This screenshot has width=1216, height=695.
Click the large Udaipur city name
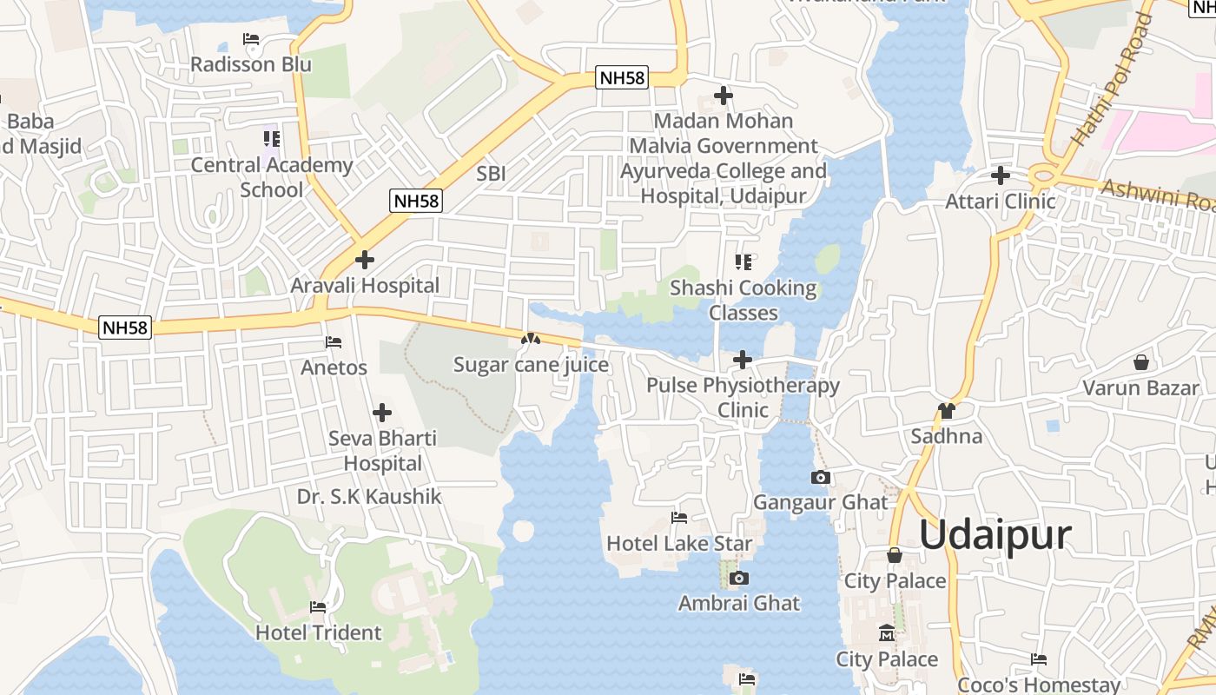click(x=995, y=535)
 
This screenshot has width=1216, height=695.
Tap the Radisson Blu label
click(x=251, y=64)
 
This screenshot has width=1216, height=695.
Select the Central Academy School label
click(x=272, y=177)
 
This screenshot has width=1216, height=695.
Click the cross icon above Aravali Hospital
click(x=365, y=259)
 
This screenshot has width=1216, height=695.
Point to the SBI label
click(x=491, y=173)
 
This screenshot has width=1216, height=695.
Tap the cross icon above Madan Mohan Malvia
click(x=723, y=96)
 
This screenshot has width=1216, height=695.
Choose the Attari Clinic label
click(x=1001, y=202)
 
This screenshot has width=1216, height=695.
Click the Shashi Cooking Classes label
click(x=743, y=300)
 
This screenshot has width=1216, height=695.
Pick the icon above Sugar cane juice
click(x=531, y=339)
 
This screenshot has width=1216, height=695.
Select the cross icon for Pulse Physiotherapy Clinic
click(x=743, y=359)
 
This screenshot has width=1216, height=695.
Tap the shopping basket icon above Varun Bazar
click(x=1140, y=362)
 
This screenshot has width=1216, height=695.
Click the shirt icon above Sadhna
click(x=946, y=410)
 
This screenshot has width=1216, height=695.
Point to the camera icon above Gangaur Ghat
click(x=820, y=477)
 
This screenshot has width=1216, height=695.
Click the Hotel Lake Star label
click(x=679, y=544)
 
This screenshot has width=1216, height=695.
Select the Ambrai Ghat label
click(x=739, y=603)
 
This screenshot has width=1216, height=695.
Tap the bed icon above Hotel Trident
click(x=318, y=607)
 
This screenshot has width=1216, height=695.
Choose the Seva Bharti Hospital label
click(x=382, y=450)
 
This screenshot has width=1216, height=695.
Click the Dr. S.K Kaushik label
click(x=369, y=497)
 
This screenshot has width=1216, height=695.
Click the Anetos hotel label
click(x=334, y=367)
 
